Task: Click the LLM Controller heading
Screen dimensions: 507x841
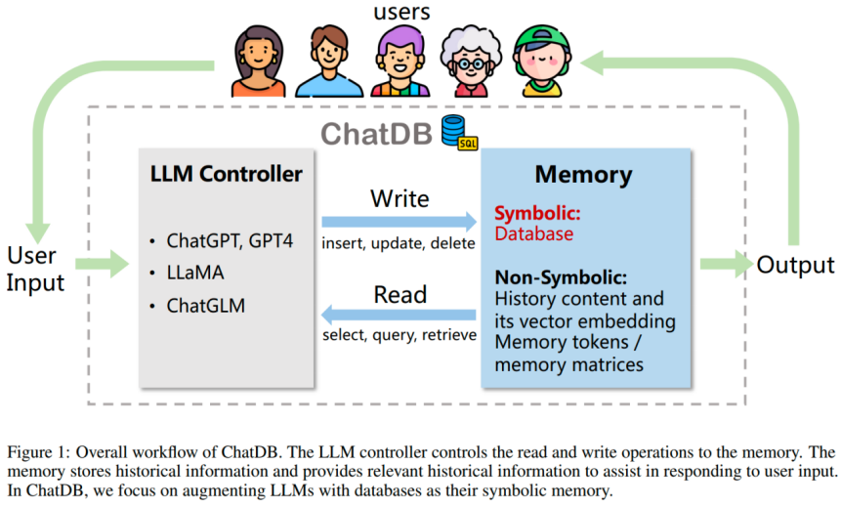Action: coord(226,175)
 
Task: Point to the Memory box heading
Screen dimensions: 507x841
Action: coord(583,176)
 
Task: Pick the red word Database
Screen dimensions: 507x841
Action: coord(533,233)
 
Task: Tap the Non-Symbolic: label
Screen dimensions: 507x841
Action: coord(560,276)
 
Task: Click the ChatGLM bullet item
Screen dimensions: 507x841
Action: coord(207,306)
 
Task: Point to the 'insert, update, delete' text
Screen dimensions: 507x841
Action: coord(399,243)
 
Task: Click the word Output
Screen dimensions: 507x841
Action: coord(795,265)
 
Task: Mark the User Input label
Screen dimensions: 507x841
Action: coord(36,269)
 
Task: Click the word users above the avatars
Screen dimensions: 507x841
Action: coord(401,13)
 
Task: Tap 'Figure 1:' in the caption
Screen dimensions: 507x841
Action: coord(38,453)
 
